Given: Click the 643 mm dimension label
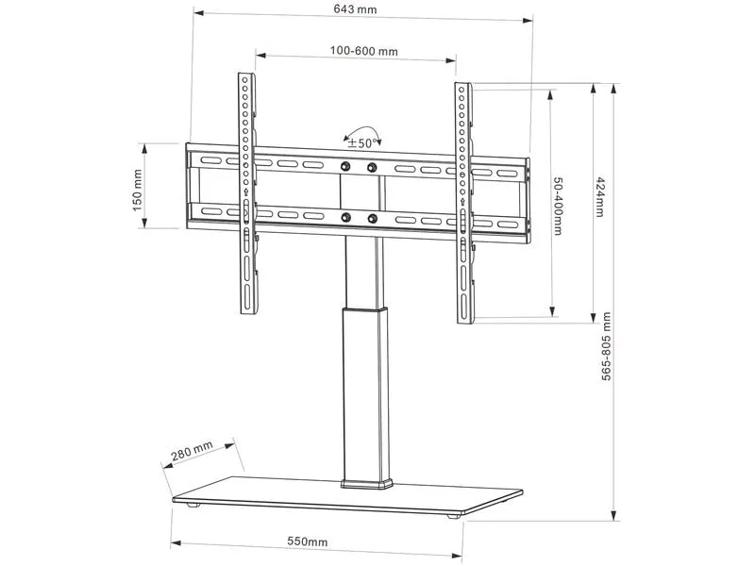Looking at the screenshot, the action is (356, 9).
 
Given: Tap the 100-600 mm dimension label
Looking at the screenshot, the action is (364, 51).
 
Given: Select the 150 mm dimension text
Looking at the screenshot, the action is (137, 191).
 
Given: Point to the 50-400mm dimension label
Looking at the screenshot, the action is (558, 206).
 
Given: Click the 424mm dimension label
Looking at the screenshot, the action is (600, 197).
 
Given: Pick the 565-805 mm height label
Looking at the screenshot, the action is (606, 346).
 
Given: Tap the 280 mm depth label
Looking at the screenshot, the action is (192, 451).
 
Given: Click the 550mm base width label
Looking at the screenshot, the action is (308, 541).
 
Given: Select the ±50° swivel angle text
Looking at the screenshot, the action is (361, 143).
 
